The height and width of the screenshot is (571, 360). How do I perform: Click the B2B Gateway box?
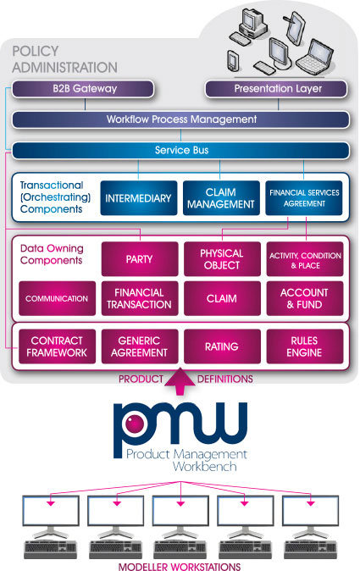pos(83,89)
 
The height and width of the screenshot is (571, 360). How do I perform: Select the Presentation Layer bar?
pos(276,89)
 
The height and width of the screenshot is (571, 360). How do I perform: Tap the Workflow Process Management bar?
pos(181,119)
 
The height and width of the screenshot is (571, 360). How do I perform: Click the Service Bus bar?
pos(181,151)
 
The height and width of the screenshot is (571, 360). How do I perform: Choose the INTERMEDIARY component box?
pos(139,198)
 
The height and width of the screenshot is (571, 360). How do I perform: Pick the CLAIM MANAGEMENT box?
pos(221,198)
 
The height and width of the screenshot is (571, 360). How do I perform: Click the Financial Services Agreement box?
pos(304,198)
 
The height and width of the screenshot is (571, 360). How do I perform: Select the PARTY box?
pos(140,259)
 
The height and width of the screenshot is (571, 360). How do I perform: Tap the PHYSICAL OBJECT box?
pos(222,259)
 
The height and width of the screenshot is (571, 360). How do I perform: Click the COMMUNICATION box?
pos(57,298)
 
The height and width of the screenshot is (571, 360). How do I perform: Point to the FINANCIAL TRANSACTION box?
pos(140,298)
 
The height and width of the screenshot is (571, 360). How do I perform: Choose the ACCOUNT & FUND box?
pos(305,298)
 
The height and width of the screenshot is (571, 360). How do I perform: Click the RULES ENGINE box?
pos(305,346)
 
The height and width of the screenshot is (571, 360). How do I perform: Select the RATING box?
pos(222,346)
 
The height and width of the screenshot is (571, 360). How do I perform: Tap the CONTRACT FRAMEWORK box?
pos(57,346)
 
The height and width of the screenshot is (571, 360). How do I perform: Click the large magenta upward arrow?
pos(180,381)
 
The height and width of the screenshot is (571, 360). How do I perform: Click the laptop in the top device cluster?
pos(315,58)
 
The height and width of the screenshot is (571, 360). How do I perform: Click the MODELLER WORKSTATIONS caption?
pos(180,566)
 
